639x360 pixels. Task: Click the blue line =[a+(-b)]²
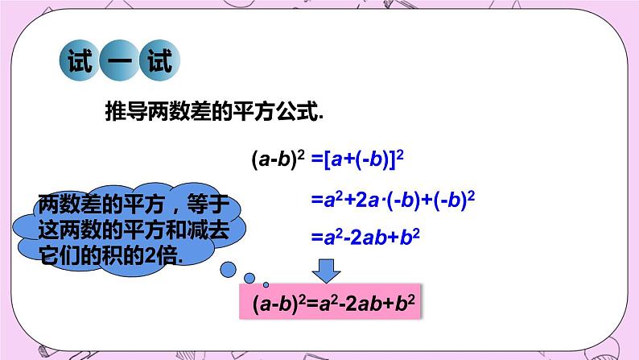coord(357,159)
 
